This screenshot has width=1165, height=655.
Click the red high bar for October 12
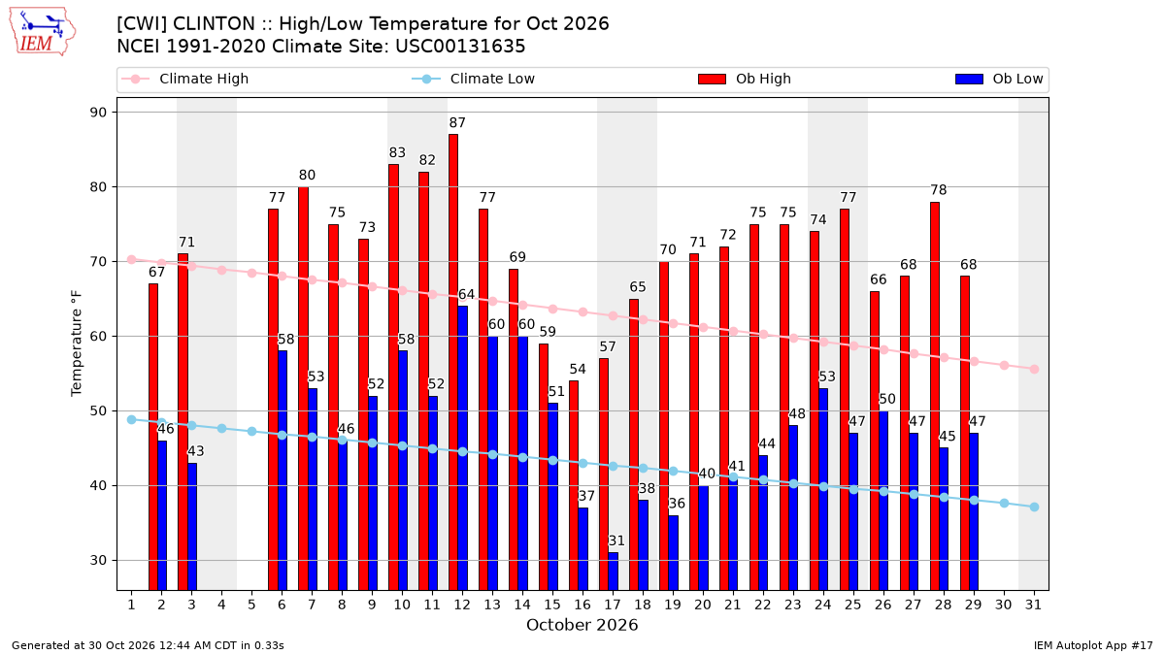[453, 362]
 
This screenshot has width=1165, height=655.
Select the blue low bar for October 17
[614, 572]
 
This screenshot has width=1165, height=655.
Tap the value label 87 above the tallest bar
[457, 122]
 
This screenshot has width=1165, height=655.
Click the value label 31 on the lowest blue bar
[616, 540]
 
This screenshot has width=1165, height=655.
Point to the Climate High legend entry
[185, 79]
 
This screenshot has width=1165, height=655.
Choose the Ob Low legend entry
[999, 79]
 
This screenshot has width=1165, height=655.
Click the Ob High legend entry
[745, 79]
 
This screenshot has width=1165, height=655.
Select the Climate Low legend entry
[474, 79]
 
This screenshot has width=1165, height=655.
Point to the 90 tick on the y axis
[98, 113]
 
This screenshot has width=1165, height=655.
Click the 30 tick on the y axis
[98, 561]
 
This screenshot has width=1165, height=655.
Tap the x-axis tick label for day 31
[1033, 606]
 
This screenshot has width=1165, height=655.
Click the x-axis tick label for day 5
[251, 606]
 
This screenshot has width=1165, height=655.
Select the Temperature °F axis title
[77, 344]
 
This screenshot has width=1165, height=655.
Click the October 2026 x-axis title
[582, 625]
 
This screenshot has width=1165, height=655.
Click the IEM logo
[43, 32]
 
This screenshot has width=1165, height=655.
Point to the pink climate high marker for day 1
[132, 259]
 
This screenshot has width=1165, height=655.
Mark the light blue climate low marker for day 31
[1035, 507]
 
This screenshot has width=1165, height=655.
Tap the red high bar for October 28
[935, 396]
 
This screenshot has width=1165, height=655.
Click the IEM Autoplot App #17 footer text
[1093, 645]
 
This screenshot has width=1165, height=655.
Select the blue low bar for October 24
[823, 489]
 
